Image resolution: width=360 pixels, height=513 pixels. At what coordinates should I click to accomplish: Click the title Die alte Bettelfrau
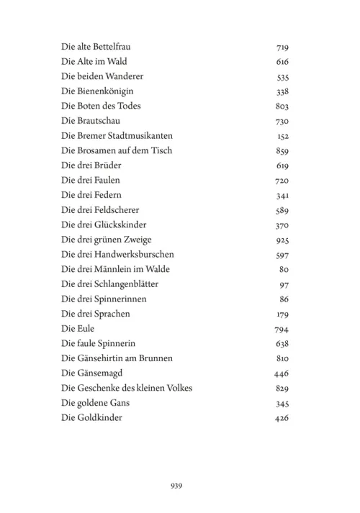point(96,47)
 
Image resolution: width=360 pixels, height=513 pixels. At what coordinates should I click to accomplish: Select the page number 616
point(282,63)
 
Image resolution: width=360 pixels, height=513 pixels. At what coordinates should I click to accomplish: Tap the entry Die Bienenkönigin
point(97,92)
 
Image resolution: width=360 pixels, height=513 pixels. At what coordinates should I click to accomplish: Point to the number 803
point(282,106)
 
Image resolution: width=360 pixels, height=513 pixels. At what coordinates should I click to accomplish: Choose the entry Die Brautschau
point(90,122)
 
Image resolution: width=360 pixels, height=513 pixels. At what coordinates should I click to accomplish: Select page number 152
point(282,136)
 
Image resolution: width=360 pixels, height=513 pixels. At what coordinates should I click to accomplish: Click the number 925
point(282,240)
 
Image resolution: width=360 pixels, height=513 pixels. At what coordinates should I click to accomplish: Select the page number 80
point(284,269)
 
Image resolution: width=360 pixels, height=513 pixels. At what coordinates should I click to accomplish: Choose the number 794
point(282,329)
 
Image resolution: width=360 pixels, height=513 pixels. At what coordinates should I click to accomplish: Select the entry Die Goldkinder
point(91,418)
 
